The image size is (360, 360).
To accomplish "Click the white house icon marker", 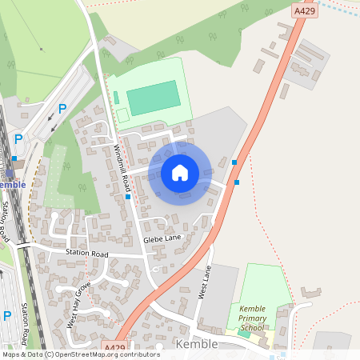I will point(180,172).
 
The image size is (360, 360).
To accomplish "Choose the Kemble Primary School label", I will point(251,318).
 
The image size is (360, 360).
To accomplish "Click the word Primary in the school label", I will point(252,318).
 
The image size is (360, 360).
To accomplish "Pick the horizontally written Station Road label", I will point(87,254).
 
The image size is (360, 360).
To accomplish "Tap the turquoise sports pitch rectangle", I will point(153,98).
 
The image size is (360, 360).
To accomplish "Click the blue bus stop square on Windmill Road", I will point(128,196).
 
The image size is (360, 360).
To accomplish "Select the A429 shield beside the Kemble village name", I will point(114,347).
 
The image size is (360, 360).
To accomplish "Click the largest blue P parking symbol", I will point(62,110).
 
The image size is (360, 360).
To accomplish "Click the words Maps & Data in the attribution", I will point(22,354).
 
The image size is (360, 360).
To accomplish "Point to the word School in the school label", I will point(251,327).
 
